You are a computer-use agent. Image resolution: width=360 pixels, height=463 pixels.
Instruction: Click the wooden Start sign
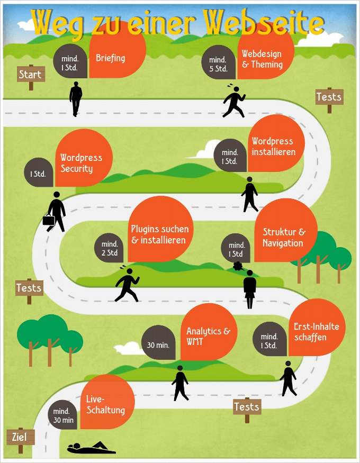point(30,75)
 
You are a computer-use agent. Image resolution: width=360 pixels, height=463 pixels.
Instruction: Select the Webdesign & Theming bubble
point(263,58)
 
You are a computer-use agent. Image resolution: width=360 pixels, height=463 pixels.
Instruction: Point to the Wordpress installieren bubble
point(274,146)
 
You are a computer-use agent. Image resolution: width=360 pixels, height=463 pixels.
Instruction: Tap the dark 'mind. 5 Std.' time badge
point(218,64)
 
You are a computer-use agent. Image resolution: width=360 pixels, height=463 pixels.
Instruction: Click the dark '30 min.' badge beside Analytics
point(158,345)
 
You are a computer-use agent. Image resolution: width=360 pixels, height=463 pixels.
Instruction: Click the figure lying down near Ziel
point(91,448)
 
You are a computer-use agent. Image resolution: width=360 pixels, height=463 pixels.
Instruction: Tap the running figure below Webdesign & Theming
point(234,101)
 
